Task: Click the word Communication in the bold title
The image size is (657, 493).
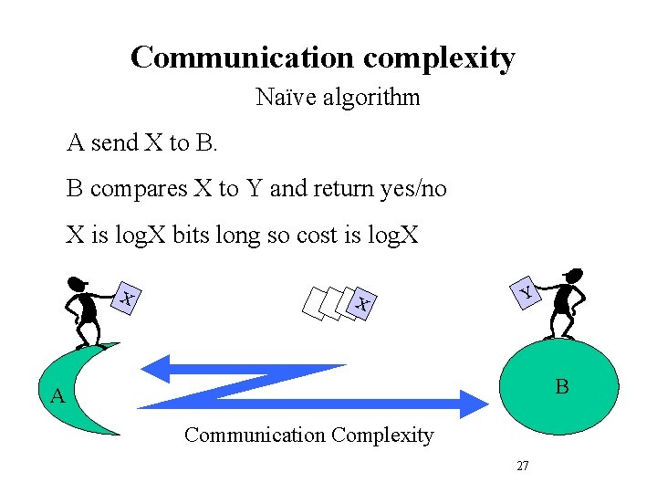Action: (x=243, y=58)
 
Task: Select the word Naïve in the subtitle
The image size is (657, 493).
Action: (x=282, y=96)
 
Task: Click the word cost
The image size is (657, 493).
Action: (x=293, y=236)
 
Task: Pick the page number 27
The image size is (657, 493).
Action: (x=523, y=466)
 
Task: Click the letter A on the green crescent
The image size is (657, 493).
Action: (x=57, y=396)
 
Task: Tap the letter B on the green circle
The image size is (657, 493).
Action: (x=562, y=387)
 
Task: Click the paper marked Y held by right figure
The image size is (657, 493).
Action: (x=525, y=291)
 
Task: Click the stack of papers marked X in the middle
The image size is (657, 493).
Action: (x=342, y=303)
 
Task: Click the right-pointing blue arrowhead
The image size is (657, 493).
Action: (x=473, y=404)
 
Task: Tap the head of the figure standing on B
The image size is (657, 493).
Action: (x=573, y=275)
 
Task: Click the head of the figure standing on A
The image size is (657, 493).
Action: (x=78, y=282)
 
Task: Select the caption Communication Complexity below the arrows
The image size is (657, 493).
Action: (x=308, y=435)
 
